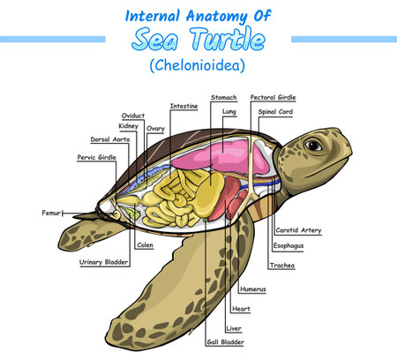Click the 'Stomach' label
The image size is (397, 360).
pos(222,97)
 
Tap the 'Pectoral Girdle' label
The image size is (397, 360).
pos(273,97)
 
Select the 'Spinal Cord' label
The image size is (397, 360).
pos(274,112)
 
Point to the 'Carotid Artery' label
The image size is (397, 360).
pos(298,230)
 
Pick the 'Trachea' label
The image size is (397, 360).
pos(283,266)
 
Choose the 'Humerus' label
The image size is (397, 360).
pos(252,289)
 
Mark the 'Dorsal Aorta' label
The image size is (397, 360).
pos(111,139)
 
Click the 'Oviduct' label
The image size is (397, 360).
pos(132,116)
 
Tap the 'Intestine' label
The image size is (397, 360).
pos(184,106)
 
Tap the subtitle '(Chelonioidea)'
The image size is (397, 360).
pos(198,65)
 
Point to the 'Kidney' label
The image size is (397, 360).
pos(128,127)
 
